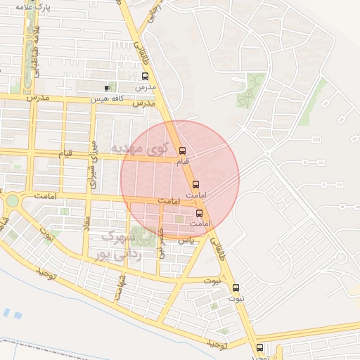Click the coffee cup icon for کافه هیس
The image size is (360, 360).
[107, 88]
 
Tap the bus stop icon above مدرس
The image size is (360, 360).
[146, 76]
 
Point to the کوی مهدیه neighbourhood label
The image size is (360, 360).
[141, 148]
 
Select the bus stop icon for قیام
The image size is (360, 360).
[182, 150]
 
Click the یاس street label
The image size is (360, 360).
[185, 240]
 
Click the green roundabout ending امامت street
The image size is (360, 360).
[12, 201]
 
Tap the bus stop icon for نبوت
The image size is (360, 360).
[236, 287]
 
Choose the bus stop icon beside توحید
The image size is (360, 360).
[259, 347]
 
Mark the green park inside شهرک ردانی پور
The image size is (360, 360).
[143, 235]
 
